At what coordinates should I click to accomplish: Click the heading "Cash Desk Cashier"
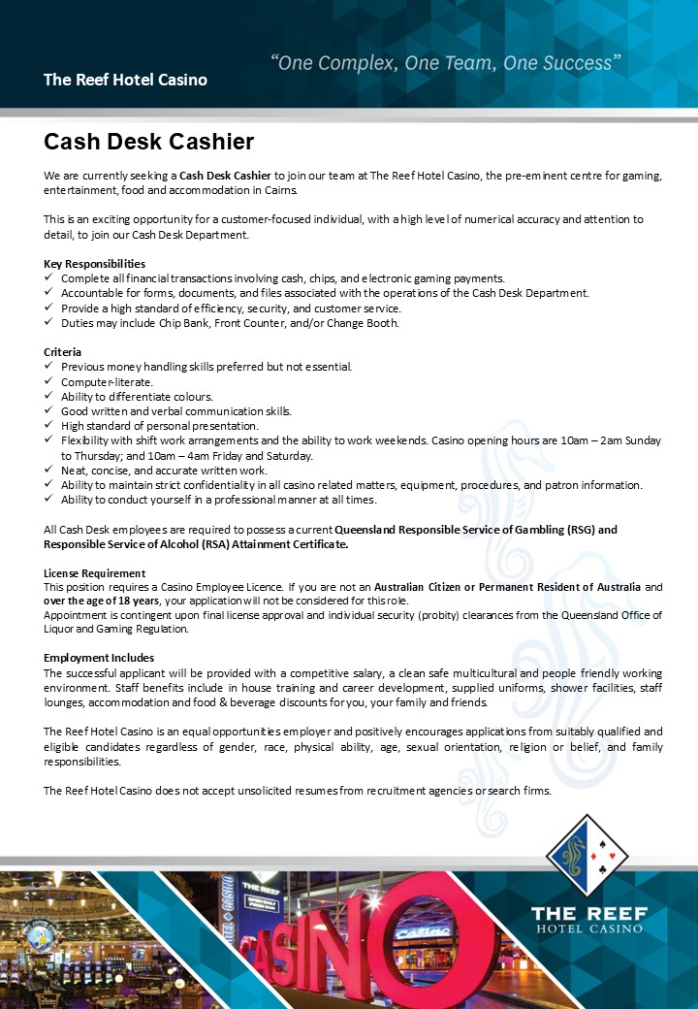[148, 142]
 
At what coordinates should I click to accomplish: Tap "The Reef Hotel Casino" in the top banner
[125, 80]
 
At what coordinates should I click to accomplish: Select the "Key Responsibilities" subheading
[94, 264]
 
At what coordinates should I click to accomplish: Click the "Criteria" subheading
[62, 351]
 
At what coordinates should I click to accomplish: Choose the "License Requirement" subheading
[94, 573]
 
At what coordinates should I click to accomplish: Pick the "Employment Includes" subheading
[99, 658]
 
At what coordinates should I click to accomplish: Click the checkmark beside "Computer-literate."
[49, 381]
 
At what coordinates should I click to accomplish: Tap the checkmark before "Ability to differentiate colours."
[49, 396]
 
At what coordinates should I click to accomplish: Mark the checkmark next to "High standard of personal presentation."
[49, 425]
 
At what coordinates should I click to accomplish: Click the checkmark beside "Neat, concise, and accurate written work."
[49, 470]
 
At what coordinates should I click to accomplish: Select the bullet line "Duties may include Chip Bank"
[230, 323]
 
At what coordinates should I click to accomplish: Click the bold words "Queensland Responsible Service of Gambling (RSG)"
[475, 530]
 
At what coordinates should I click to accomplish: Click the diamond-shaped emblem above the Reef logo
[587, 856]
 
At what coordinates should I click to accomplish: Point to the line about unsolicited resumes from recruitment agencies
[298, 791]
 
